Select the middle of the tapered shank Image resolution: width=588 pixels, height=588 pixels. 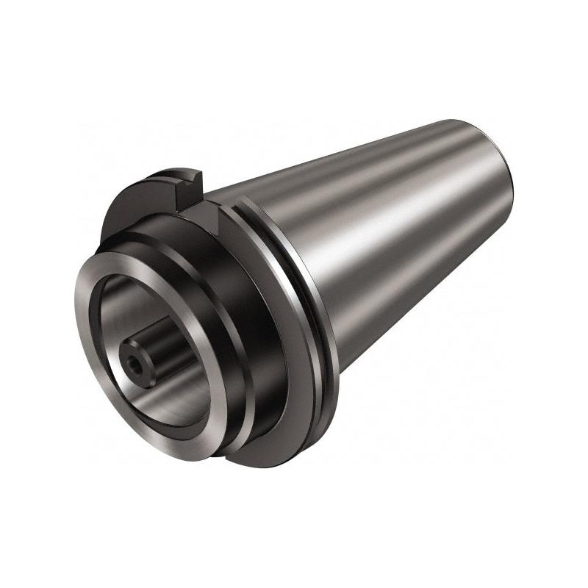click(x=397, y=235)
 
